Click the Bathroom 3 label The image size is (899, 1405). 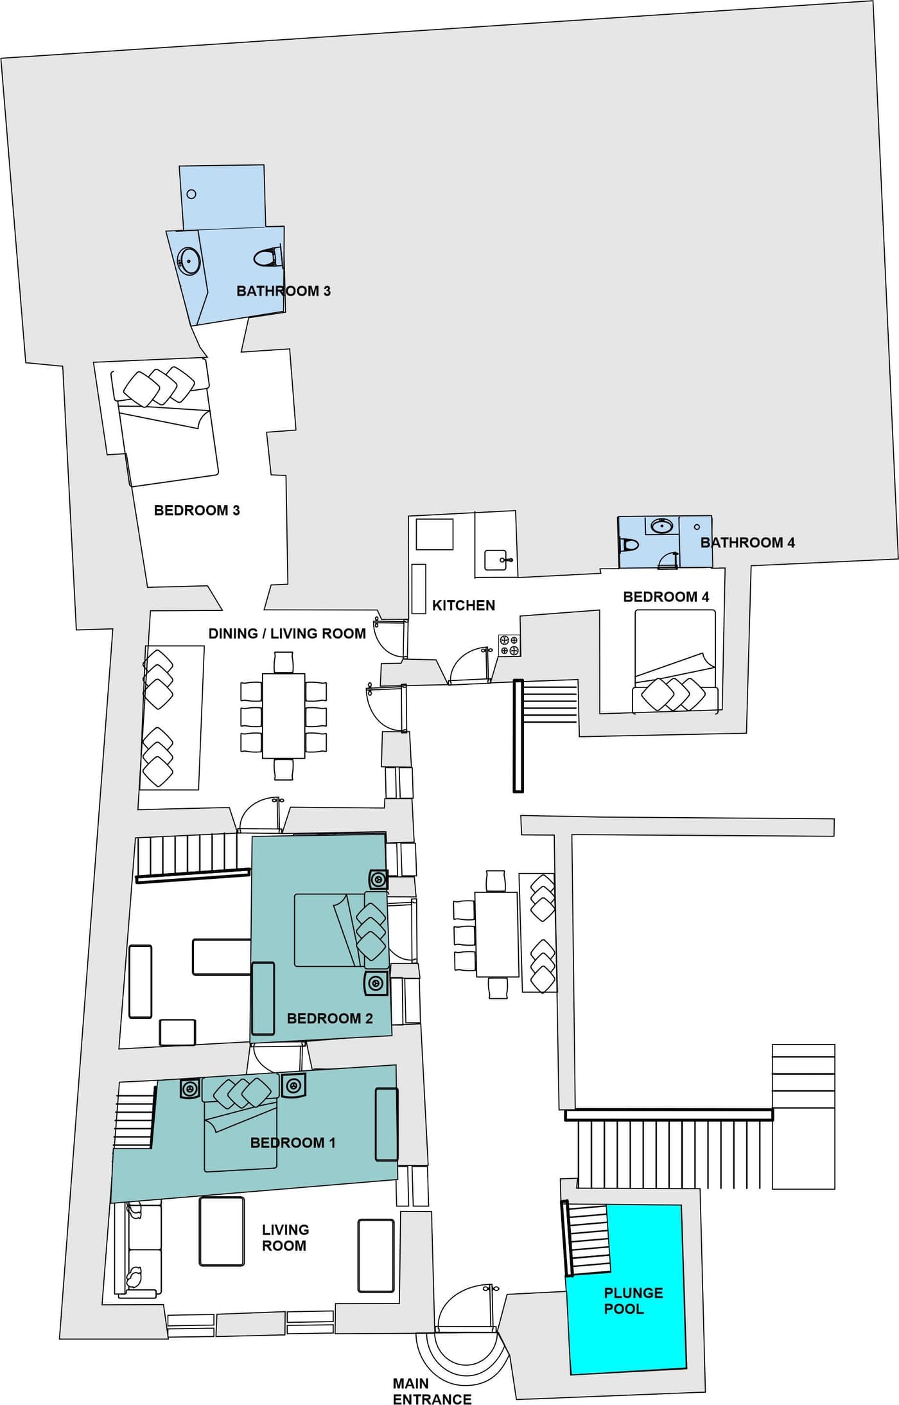tap(283, 291)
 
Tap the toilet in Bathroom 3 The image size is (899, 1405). tap(267, 258)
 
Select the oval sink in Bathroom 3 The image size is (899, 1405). tap(189, 261)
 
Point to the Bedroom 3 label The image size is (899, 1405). tap(196, 510)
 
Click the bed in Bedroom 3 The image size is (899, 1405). tap(165, 426)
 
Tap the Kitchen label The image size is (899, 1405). tap(464, 605)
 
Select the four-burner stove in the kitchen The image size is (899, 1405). tap(509, 645)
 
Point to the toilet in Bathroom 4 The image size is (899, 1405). tap(629, 545)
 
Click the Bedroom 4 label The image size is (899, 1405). tap(666, 597)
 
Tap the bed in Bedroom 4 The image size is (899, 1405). tap(675, 661)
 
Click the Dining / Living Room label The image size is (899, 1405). tap(287, 633)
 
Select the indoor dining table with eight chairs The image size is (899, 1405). tap(284, 716)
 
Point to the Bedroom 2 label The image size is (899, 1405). tap(329, 1018)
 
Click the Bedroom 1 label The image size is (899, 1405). tap(293, 1142)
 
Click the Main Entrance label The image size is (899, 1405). tap(432, 1391)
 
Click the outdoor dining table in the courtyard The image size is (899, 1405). tap(496, 934)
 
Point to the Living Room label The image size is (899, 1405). tap(285, 1237)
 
